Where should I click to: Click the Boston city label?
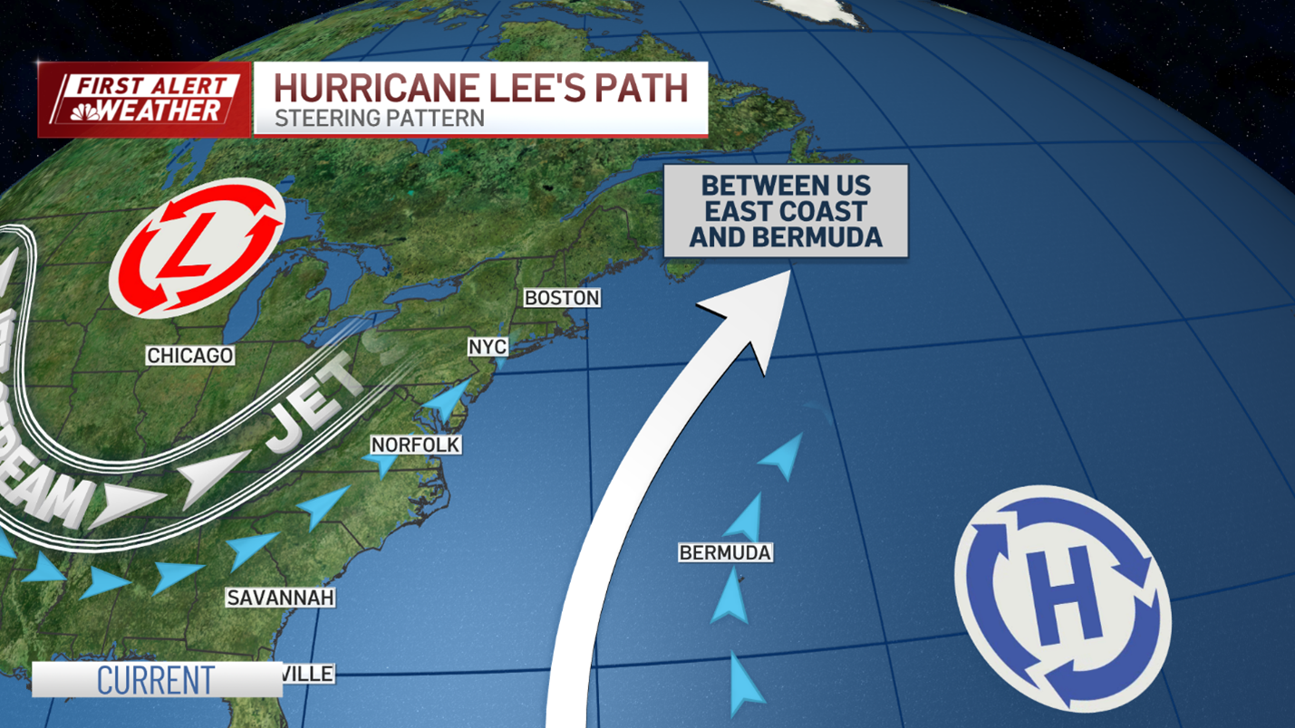pos(562,298)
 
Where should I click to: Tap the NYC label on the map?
pos(488,348)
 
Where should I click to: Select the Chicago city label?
pos(190,356)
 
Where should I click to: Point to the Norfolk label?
pos(415,445)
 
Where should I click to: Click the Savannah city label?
pos(281,598)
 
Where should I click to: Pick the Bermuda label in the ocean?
pos(725,552)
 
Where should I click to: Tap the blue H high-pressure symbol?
pos(1063,598)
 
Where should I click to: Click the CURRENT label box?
pos(157,680)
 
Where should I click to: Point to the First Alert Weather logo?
pos(144,100)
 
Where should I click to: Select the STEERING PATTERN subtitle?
pos(379,118)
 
